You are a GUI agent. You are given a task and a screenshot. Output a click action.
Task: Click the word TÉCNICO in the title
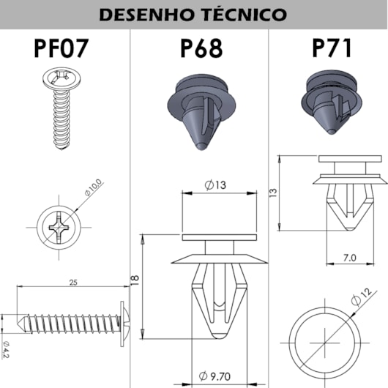244,14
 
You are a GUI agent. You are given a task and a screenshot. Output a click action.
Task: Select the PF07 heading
61,48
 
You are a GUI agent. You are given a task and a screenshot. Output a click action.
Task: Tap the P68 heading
201,48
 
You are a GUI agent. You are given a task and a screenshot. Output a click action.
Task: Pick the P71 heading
332,48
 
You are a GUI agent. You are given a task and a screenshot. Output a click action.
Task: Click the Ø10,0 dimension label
93,187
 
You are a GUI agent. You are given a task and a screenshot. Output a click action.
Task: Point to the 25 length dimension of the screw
73,283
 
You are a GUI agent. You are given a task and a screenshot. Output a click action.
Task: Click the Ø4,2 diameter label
6,349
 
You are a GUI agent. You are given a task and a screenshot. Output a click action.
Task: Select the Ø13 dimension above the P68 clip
215,184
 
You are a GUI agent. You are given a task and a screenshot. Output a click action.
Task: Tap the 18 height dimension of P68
135,280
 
